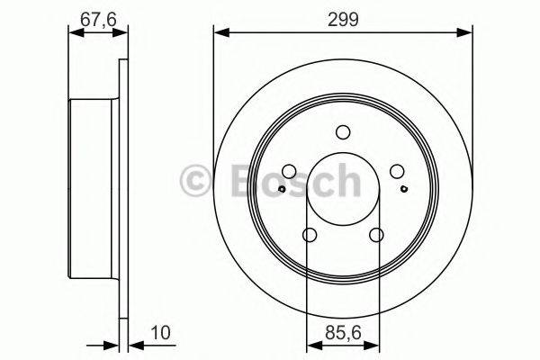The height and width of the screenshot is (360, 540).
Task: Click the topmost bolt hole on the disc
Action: click(x=343, y=132)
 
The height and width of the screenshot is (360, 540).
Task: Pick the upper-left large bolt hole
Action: click(x=289, y=172)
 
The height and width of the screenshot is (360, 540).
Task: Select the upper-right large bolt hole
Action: click(x=397, y=172)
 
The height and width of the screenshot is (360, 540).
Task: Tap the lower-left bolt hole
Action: click(x=310, y=235)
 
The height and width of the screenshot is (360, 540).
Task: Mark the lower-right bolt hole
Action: click(x=376, y=235)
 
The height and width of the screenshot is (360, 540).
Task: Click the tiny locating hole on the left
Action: click(x=283, y=189)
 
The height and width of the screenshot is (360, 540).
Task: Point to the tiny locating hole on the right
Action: click(x=404, y=189)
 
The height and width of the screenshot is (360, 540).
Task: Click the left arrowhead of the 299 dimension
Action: click(x=220, y=34)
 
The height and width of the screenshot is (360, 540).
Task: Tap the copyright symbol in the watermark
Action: click(x=194, y=182)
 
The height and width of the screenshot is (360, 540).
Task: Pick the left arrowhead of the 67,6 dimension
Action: click(x=76, y=34)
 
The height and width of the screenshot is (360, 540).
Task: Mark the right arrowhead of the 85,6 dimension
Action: click(x=373, y=343)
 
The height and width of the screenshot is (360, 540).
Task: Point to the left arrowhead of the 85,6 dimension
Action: click(x=312, y=343)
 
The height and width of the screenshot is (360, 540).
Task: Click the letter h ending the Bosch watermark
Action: click(x=344, y=182)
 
